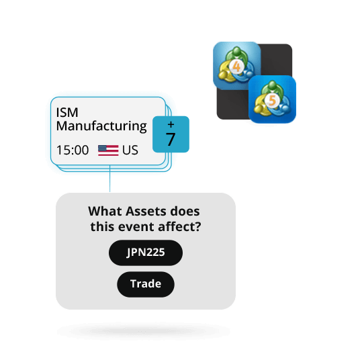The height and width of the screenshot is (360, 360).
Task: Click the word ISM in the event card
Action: tap(67, 113)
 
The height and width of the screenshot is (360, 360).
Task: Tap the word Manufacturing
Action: tap(101, 126)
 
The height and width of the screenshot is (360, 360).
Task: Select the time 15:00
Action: tap(73, 150)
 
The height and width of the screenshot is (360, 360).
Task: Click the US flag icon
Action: tap(108, 150)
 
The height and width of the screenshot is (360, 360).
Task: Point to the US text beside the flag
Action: tap(130, 150)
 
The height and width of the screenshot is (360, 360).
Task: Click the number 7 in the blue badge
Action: tap(171, 139)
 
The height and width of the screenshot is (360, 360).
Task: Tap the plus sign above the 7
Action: tap(171, 124)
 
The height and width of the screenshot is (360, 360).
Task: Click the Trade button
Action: tap(146, 284)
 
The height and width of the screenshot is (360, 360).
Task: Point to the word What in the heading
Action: tap(105, 211)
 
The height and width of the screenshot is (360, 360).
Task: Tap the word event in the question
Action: tap(136, 227)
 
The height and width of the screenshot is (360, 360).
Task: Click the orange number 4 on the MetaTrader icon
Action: tap(236, 66)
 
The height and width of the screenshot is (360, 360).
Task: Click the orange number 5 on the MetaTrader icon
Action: tap(272, 100)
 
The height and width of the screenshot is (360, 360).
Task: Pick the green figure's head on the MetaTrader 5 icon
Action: tap(272, 84)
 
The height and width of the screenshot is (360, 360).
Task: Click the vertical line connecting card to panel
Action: tap(109, 179)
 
